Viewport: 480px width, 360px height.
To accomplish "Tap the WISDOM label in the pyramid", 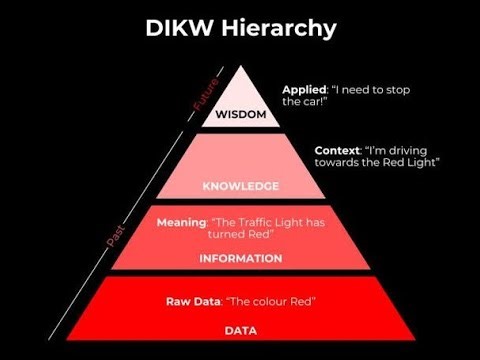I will (x=241, y=115).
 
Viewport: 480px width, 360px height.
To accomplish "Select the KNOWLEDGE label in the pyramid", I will (x=240, y=186).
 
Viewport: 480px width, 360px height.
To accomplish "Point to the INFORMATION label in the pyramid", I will (x=240, y=258).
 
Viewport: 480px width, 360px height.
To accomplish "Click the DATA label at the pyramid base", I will (x=240, y=329).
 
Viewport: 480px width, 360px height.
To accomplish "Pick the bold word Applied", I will (x=304, y=89).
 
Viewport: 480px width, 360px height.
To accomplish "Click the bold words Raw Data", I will (x=192, y=301).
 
